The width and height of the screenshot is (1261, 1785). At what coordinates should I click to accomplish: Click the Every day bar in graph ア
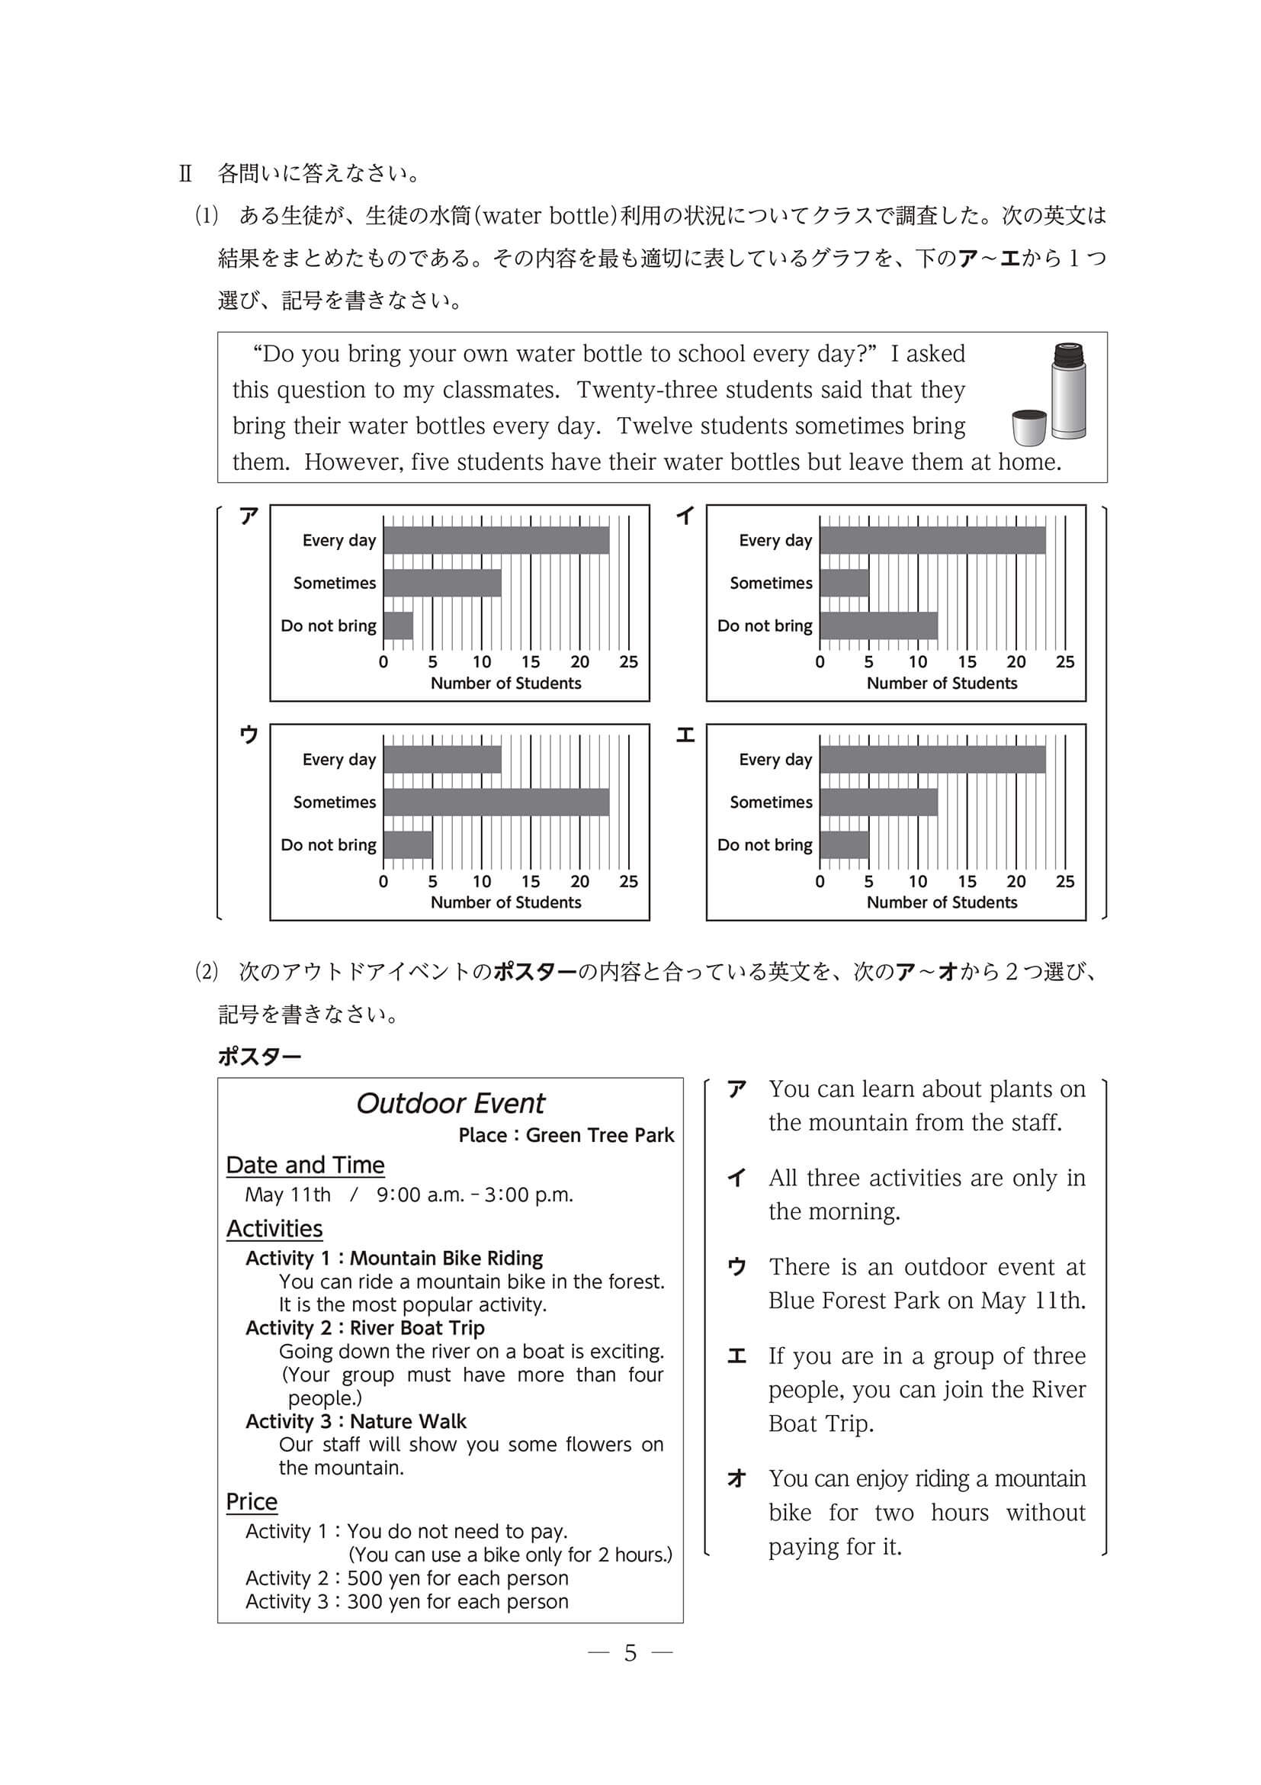(x=496, y=540)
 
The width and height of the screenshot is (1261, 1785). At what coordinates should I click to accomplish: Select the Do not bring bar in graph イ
(x=878, y=626)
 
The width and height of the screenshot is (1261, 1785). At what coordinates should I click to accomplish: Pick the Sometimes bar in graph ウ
(x=496, y=802)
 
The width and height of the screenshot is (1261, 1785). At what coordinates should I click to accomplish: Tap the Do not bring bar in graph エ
(x=844, y=845)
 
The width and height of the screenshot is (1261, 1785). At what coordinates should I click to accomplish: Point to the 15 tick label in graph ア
(x=531, y=662)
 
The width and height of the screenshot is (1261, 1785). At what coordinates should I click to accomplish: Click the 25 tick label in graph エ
(x=1064, y=882)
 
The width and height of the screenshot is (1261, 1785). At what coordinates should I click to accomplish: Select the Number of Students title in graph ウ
(x=505, y=902)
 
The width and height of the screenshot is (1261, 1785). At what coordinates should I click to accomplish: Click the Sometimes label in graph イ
(x=771, y=583)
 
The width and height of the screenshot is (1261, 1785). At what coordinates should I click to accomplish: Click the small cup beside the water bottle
(x=1029, y=428)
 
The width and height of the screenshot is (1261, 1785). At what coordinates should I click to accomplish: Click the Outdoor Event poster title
(x=451, y=1104)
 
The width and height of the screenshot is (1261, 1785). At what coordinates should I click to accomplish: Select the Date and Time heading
(x=306, y=1166)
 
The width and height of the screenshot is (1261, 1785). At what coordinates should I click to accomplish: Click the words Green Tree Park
(x=600, y=1136)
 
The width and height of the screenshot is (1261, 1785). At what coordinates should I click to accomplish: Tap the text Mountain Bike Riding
(x=447, y=1259)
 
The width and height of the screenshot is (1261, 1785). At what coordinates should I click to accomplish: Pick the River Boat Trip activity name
(x=417, y=1328)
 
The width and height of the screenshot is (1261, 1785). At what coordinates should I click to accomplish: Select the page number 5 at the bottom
(x=630, y=1654)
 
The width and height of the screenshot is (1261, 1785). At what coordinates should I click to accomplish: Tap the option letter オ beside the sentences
(x=736, y=1478)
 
